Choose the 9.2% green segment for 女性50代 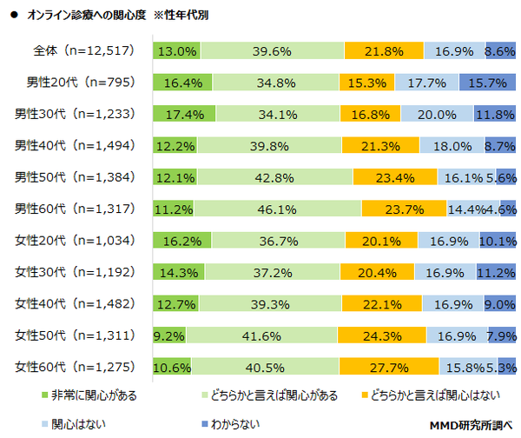point(168,335)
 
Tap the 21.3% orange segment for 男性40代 point(379,145)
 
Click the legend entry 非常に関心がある point(95,395)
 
